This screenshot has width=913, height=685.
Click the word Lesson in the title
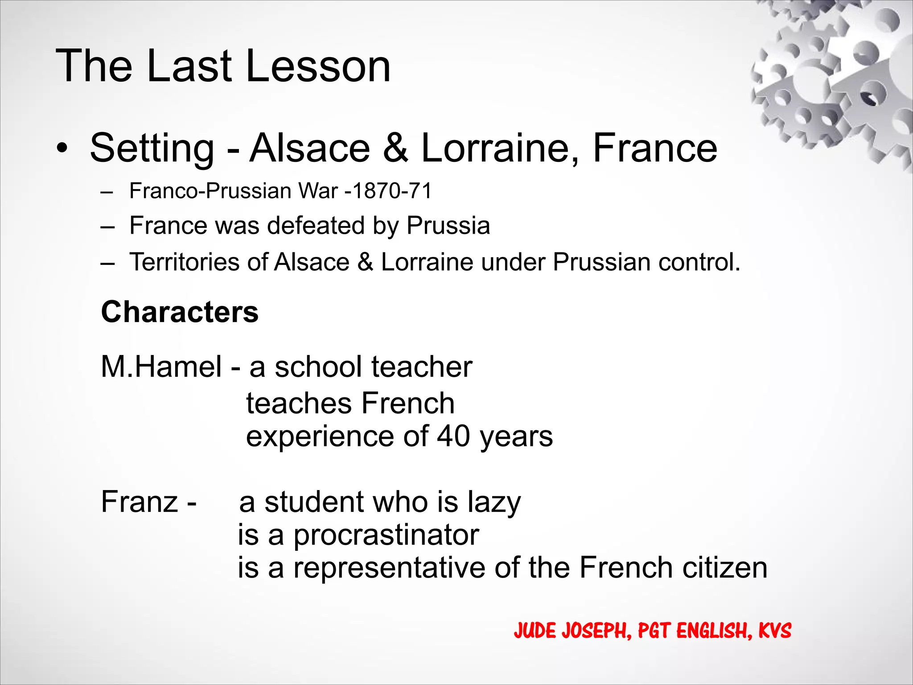pos(318,66)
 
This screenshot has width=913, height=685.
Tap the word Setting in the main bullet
pos(152,148)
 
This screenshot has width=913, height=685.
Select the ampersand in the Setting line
pos(395,148)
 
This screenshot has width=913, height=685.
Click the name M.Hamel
pos(161,367)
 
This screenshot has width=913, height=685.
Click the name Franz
pos(140,502)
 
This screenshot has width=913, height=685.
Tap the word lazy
pos(494,503)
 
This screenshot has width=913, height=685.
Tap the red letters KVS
pos(775,631)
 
